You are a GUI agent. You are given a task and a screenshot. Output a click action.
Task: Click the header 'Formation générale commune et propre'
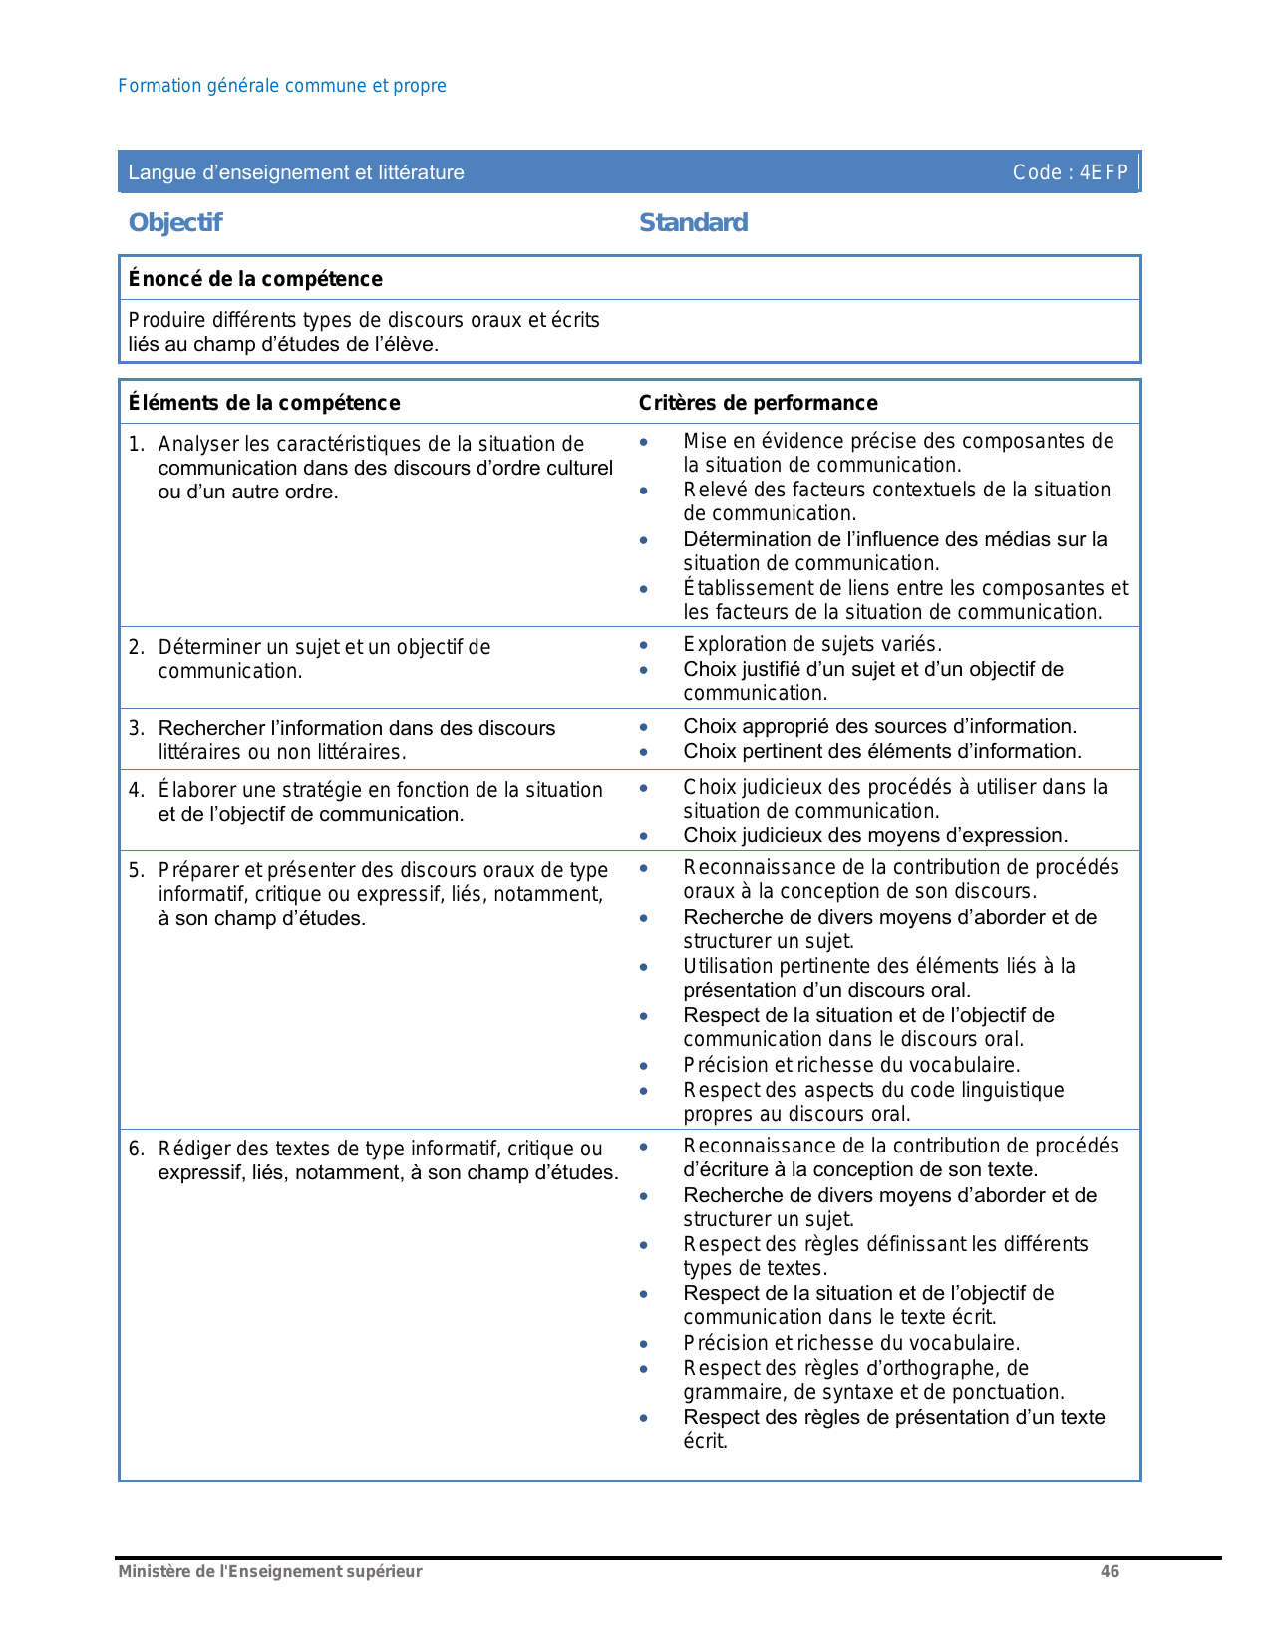click(282, 86)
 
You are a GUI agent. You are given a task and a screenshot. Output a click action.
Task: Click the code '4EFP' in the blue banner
click(1104, 172)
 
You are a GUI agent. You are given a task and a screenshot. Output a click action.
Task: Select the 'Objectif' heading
click(175, 222)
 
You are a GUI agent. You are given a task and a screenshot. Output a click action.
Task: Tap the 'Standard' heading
click(693, 222)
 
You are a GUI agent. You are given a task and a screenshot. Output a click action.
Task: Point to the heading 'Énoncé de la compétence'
click(255, 279)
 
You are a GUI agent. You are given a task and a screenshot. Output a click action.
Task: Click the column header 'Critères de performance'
click(758, 403)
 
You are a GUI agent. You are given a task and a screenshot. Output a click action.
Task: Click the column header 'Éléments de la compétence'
click(264, 403)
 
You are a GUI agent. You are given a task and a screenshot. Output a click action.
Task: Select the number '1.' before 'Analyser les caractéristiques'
click(137, 444)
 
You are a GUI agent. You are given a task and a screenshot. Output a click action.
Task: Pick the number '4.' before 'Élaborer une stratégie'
click(137, 790)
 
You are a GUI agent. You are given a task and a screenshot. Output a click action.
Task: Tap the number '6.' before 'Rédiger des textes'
click(137, 1149)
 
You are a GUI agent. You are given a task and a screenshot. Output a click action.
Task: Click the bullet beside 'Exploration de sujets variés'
click(644, 645)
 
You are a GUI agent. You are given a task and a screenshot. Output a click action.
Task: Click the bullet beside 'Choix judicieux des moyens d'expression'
click(644, 836)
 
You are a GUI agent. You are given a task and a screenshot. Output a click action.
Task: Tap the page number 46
click(1110, 1572)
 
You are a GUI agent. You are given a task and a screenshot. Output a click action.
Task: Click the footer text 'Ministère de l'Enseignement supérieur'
click(270, 1572)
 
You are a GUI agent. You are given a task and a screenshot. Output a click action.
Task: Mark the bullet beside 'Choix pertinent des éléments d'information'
click(644, 752)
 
